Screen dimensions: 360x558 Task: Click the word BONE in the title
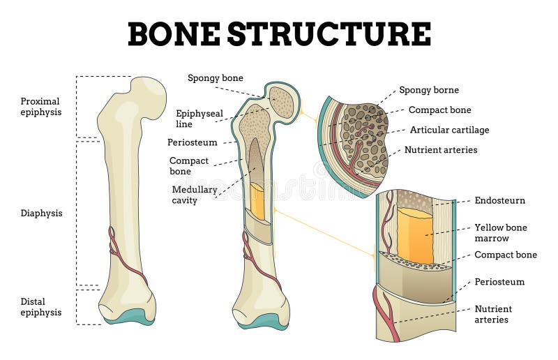pos(174,33)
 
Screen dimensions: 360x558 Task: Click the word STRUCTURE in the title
pos(329,33)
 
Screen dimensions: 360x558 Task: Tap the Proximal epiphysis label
pos(41,106)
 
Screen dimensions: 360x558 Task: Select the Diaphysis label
pos(41,213)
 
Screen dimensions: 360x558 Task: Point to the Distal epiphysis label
pos(41,307)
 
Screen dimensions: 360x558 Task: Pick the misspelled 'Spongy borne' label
pos(429,90)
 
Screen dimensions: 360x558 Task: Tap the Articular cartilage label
pos(449,130)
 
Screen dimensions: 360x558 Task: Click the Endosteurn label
pos(499,201)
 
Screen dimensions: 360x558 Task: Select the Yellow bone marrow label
pos(501,233)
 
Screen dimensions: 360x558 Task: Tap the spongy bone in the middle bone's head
pos(282,102)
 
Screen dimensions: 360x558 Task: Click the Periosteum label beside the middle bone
pos(193,142)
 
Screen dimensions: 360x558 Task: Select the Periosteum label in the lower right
pos(499,282)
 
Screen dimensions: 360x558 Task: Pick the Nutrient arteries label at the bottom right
pos(493,314)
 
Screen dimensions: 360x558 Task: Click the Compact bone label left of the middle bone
pos(189,166)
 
